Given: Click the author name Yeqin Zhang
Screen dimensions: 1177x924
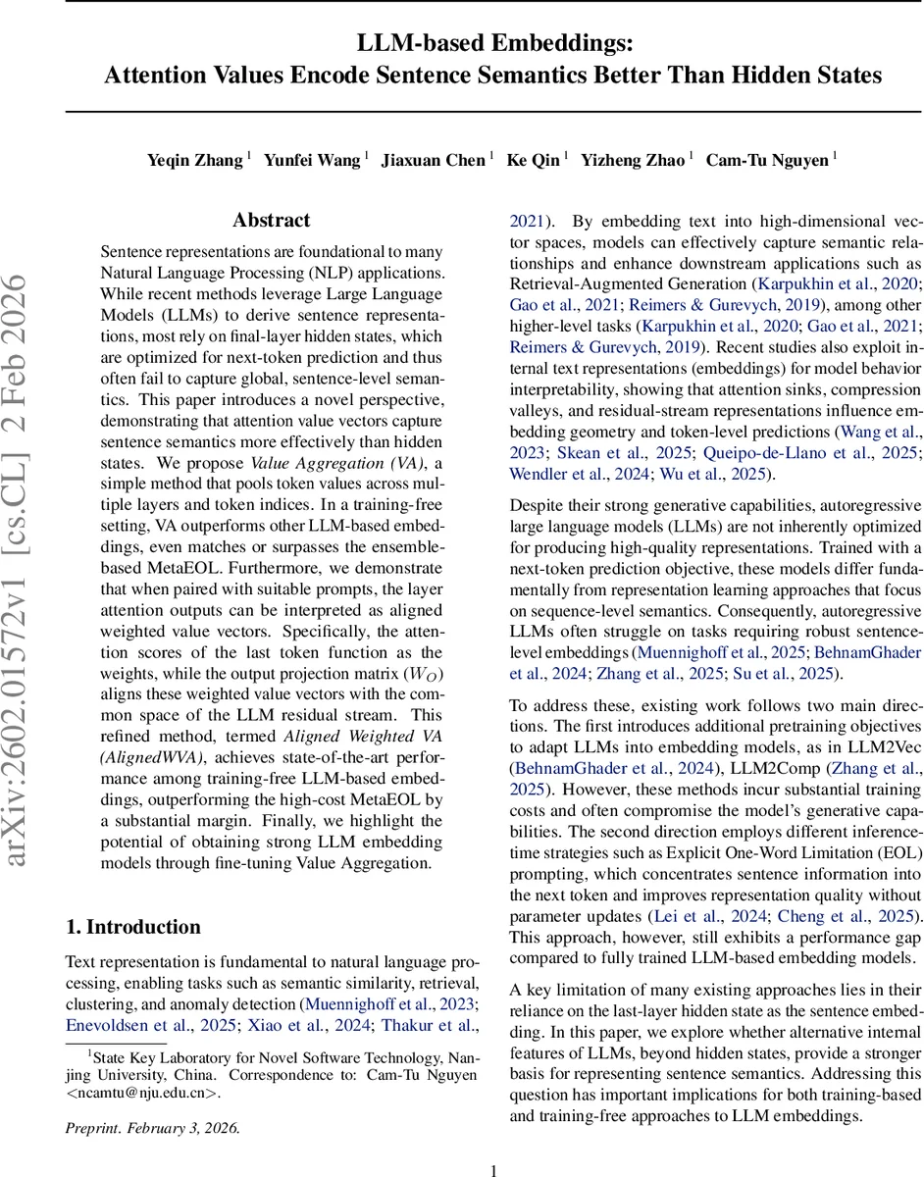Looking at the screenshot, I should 194,160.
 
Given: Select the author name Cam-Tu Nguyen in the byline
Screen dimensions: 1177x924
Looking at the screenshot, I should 767,160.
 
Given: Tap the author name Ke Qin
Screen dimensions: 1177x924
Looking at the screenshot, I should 533,160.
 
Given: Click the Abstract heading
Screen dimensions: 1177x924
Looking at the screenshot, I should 272,221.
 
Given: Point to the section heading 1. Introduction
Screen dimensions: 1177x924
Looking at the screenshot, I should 132,927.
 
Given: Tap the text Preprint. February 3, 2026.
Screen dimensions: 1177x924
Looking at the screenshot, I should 152,1127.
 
